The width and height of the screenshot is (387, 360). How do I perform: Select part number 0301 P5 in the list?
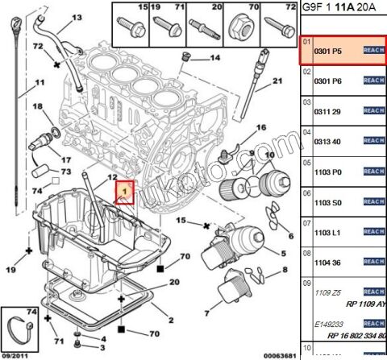(326, 50)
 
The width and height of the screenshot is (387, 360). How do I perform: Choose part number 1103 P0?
(326, 171)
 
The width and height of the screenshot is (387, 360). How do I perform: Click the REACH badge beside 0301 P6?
(373, 80)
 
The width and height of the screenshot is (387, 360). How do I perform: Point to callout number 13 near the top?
(77, 17)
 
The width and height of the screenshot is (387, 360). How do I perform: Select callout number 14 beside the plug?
(215, 58)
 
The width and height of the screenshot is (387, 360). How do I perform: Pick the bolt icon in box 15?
(130, 24)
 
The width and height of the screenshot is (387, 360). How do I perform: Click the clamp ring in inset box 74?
(21, 329)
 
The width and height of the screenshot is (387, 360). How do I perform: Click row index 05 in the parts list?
(306, 162)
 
